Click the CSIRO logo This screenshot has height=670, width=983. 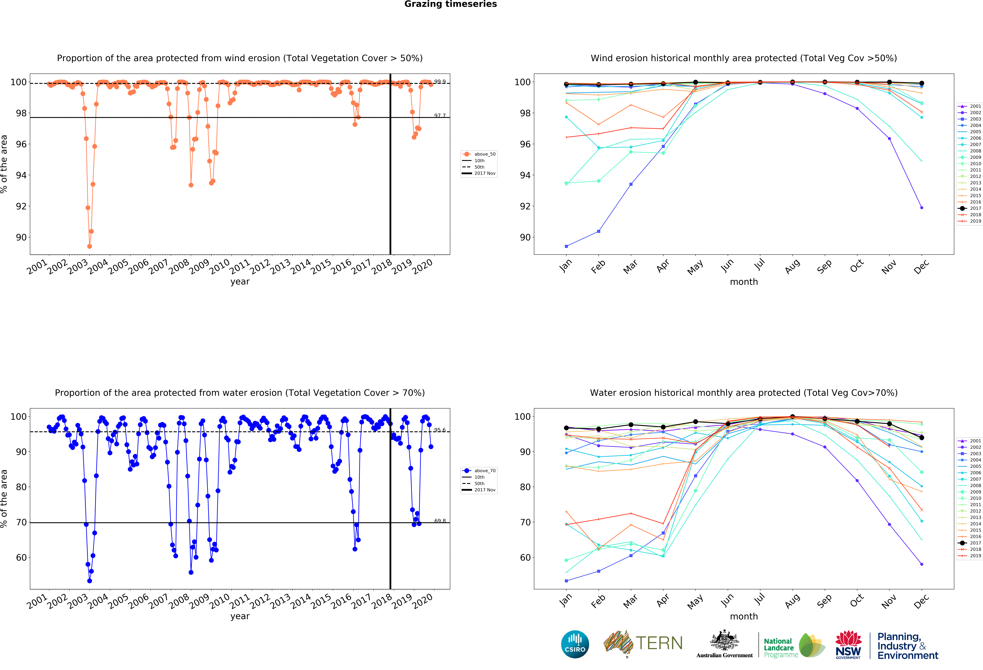[575, 644]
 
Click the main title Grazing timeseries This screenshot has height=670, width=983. [450, 4]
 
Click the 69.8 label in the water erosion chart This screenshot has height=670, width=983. [440, 521]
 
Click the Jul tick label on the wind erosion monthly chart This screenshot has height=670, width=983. [760, 265]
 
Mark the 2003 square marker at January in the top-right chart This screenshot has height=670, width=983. [566, 246]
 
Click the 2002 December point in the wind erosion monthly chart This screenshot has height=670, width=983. [922, 208]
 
